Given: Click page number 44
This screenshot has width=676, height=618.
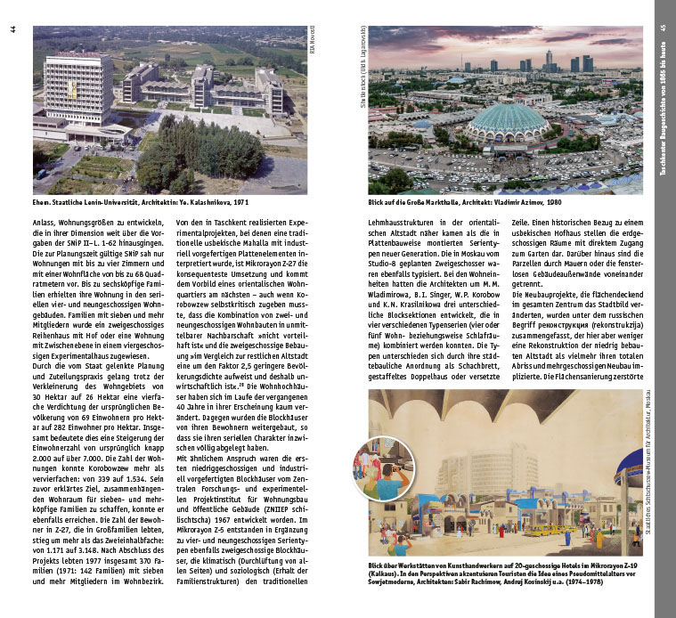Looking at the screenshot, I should [12, 30].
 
